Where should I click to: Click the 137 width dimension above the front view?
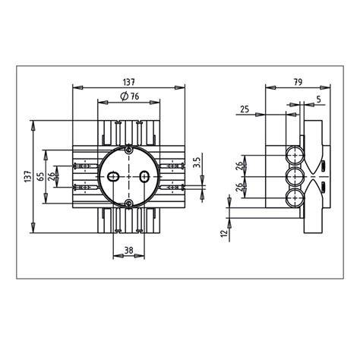[x=129, y=82]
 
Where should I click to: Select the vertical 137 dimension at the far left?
[x=28, y=176]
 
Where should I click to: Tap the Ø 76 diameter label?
[x=130, y=96]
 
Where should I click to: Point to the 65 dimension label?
[x=40, y=176]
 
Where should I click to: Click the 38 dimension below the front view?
[x=129, y=251]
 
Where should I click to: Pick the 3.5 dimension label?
[x=197, y=163]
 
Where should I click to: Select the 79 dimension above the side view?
[x=298, y=82]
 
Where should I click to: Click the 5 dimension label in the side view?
[x=319, y=99]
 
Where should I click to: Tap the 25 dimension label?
[x=245, y=109]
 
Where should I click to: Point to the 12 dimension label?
[x=224, y=233]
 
